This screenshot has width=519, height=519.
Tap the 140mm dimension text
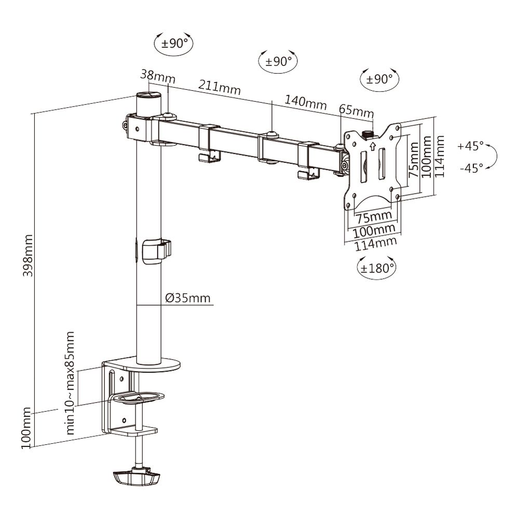pos(305,102)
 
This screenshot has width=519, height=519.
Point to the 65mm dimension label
pos(356,112)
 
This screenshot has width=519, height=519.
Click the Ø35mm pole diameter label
pos(188,298)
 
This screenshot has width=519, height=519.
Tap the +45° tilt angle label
pos(470,146)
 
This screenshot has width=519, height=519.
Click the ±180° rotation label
pos(377,268)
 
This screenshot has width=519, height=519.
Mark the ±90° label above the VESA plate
pos(379,79)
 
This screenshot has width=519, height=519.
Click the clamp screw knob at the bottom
pos(136,476)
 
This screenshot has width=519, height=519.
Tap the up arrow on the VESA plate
pos(372,146)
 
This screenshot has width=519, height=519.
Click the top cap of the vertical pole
pos(148,95)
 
